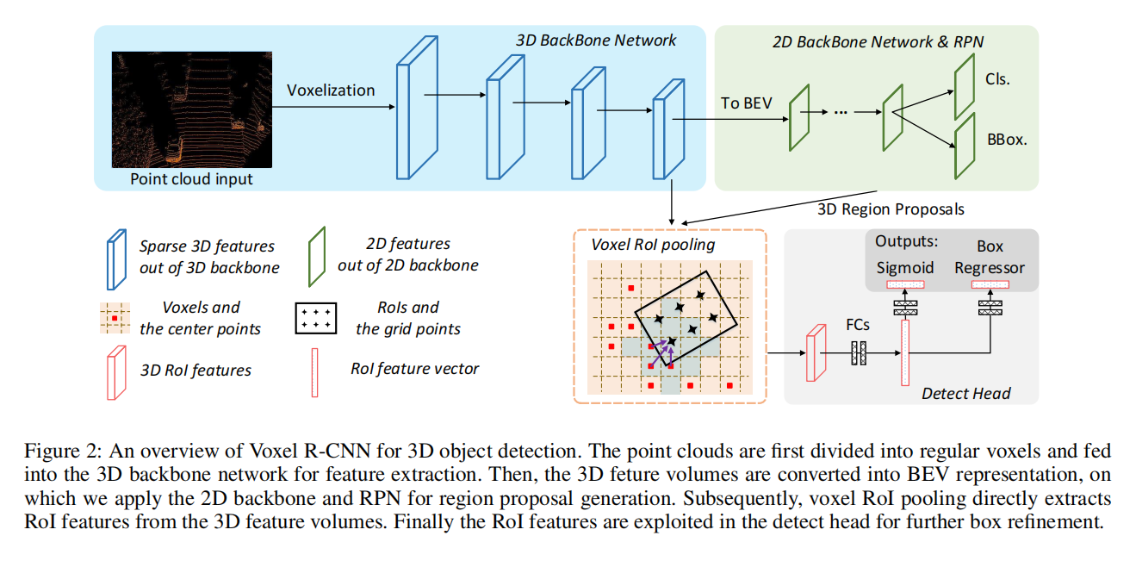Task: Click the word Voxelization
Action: coord(331,90)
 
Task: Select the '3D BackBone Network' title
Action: coord(596,40)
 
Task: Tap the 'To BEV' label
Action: coord(747,103)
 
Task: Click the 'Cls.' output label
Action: coord(997,78)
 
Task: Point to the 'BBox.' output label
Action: coord(1006,138)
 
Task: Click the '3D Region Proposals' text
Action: coord(891,209)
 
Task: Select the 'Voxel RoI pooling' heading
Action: coord(652,244)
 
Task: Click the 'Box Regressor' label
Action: coord(990,257)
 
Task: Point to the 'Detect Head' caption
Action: coord(965,394)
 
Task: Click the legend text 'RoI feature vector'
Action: coord(414,369)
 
